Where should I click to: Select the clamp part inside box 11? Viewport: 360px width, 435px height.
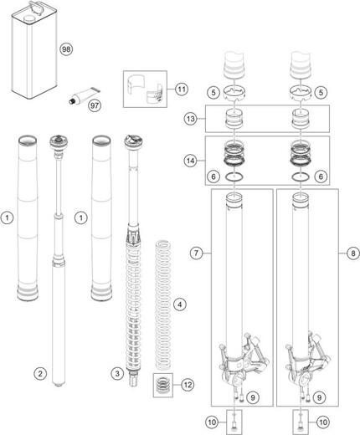click(x=147, y=89)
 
